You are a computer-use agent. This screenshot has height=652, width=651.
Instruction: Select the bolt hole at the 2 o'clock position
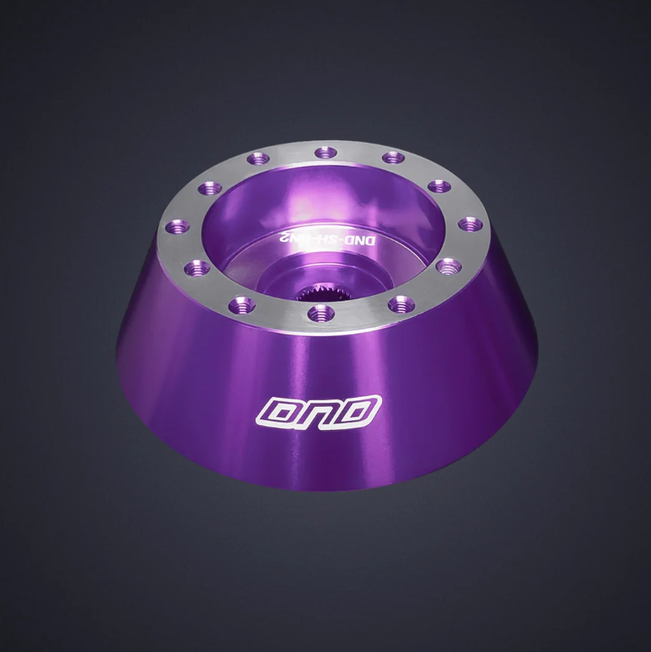(x=438, y=185)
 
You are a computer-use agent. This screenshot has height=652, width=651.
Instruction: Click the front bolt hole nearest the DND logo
(x=319, y=312)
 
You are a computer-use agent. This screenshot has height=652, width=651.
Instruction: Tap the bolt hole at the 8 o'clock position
(x=197, y=266)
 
